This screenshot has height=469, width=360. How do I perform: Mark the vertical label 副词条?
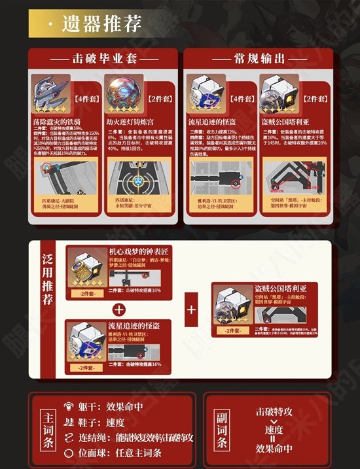221,428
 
